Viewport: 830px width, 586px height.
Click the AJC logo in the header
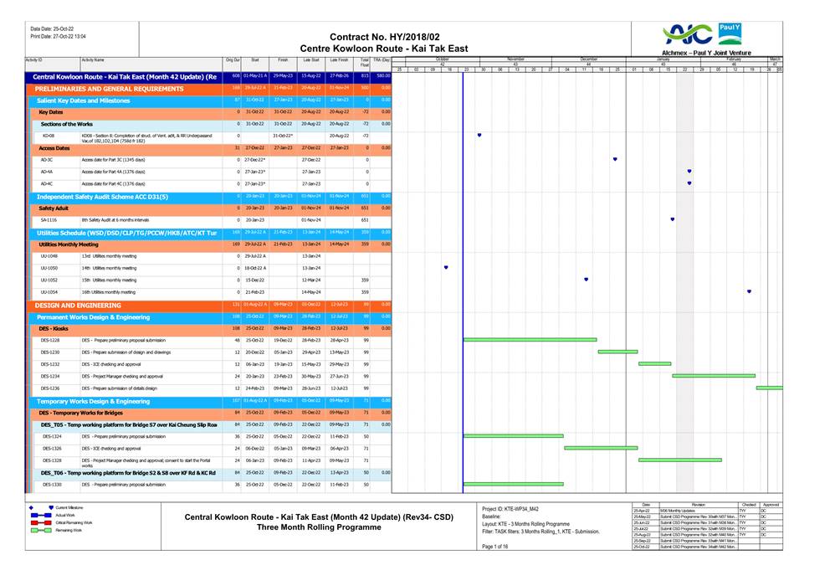pyautogui.click(x=687, y=34)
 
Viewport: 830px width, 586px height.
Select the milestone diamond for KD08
pyautogui.click(x=479, y=135)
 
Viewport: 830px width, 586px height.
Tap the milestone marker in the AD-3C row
pyautogui.click(x=615, y=159)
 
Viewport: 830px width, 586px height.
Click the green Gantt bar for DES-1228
pyautogui.click(x=530, y=340)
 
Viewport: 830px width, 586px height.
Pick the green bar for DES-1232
pyautogui.click(x=654, y=364)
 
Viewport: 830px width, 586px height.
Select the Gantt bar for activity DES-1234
pyautogui.click(x=713, y=376)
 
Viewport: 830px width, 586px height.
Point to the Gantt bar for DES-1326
pyautogui.click(x=601, y=448)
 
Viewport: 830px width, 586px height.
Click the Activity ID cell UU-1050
pyautogui.click(x=49, y=268)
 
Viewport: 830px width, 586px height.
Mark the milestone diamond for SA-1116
pyautogui.click(x=673, y=219)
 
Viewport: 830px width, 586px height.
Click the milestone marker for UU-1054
pyautogui.click(x=749, y=292)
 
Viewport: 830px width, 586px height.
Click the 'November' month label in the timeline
pyautogui.click(x=515, y=59)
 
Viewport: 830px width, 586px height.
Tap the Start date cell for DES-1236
pyautogui.click(x=255, y=388)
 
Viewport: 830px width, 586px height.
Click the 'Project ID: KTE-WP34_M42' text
pyautogui.click(x=511, y=509)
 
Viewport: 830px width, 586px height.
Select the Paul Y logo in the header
pyautogui.click(x=730, y=33)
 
